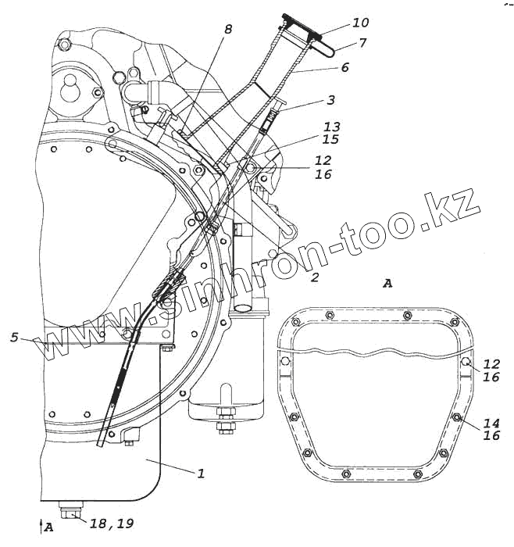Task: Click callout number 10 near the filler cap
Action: (339, 23)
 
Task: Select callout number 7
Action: (341, 42)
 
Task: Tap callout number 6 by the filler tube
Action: (344, 67)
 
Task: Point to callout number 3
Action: (331, 100)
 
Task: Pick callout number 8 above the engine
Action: (228, 30)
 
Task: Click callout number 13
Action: (332, 127)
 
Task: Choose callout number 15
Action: (332, 139)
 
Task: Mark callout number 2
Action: (314, 277)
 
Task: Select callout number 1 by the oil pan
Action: (201, 473)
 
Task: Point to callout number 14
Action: (491, 422)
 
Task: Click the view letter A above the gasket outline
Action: (387, 283)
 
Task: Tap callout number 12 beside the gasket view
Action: (491, 364)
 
